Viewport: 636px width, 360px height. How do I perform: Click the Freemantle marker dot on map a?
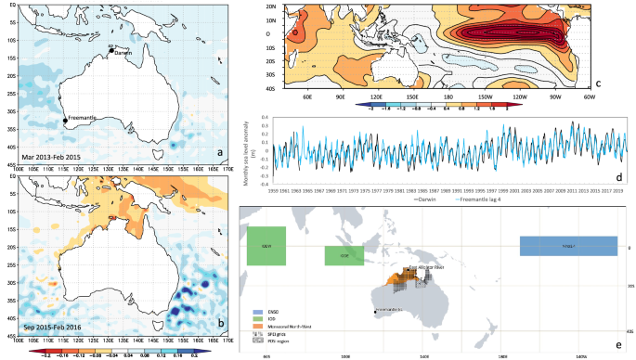64,120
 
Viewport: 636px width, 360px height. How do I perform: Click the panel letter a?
218,152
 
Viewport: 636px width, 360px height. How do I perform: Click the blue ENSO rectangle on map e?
567,246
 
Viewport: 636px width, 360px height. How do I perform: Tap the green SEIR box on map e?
266,246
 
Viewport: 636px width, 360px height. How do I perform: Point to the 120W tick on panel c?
528,96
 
